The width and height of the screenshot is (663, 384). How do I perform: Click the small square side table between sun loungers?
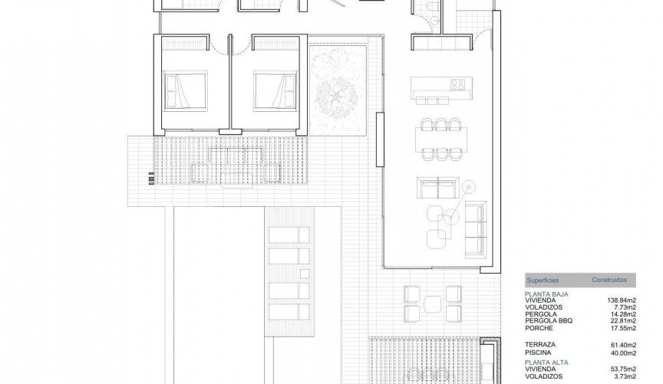tap(307, 271)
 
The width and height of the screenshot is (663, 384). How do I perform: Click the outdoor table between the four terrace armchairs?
tap(431, 303)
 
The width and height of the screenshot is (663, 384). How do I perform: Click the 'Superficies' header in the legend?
tap(543, 281)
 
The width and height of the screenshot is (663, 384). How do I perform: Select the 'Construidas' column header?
tap(615, 281)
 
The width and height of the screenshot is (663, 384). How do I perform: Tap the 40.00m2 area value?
tap(623, 353)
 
